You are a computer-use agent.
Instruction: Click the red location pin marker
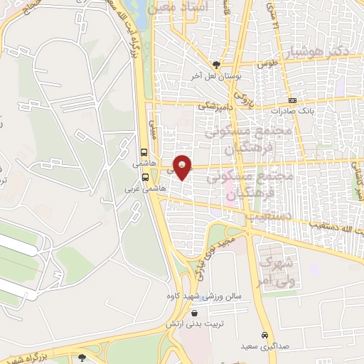[x=182, y=166]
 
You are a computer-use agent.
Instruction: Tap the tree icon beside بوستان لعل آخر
[x=225, y=64]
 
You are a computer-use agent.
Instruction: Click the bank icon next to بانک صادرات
[x=292, y=100]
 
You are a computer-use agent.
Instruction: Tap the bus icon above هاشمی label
[x=145, y=152]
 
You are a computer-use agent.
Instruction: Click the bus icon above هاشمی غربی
[x=145, y=178]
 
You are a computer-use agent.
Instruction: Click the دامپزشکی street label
[x=214, y=104]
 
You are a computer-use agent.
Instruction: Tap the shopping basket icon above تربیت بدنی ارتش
[x=194, y=312]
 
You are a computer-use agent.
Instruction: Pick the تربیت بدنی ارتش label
[x=191, y=323]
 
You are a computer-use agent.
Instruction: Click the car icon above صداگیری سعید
[x=264, y=334]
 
